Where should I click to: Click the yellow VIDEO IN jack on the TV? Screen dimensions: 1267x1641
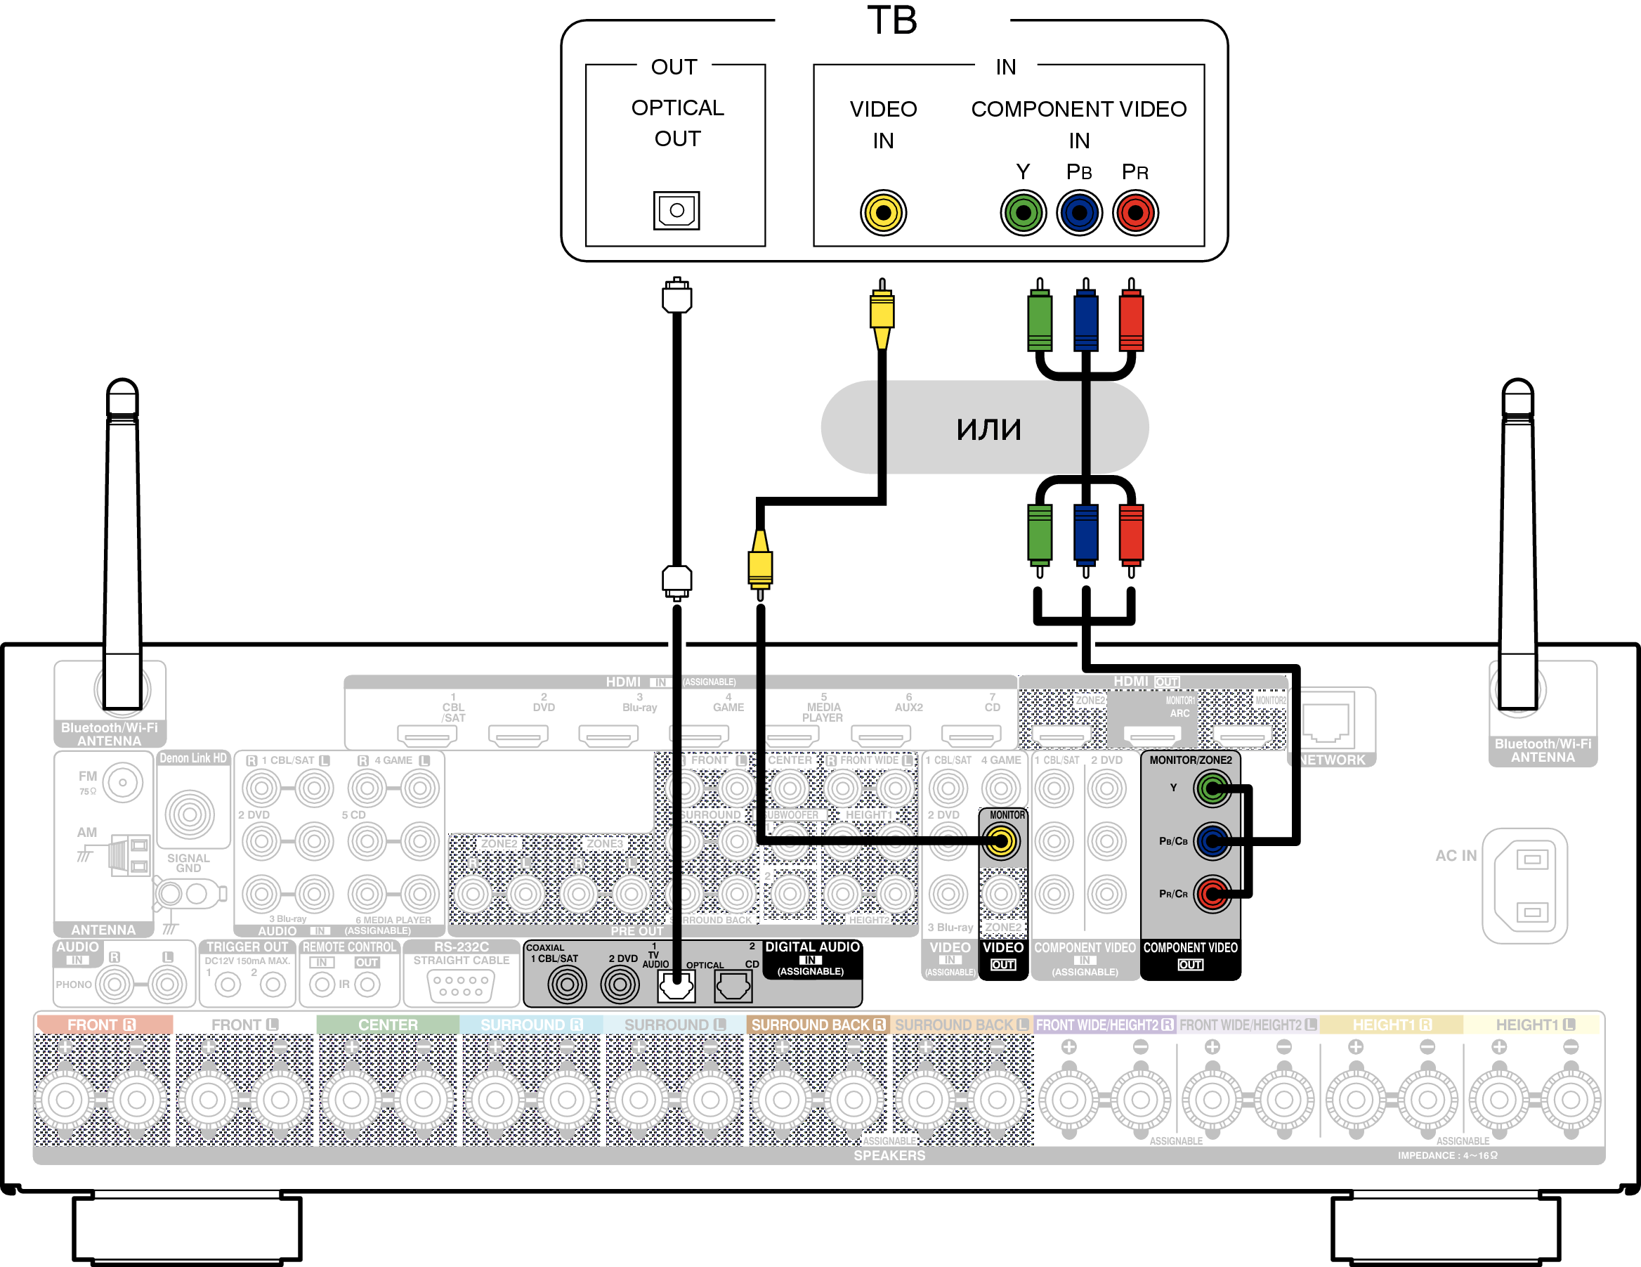pyautogui.click(x=883, y=213)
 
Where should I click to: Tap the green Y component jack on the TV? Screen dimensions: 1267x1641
pyautogui.click(x=1023, y=213)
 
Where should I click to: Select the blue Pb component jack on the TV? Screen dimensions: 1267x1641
pyautogui.click(x=1079, y=213)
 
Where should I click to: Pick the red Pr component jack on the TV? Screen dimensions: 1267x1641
pyautogui.click(x=1135, y=213)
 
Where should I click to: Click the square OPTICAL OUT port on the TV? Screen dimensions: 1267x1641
pyautogui.click(x=676, y=210)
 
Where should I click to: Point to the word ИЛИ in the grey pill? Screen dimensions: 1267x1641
pyautogui.click(x=988, y=429)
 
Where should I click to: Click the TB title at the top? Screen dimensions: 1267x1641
pyautogui.click(x=892, y=20)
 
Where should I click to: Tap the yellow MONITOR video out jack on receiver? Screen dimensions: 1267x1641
pyautogui.click(x=1001, y=841)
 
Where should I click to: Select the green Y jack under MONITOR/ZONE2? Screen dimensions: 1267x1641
pyautogui.click(x=1211, y=788)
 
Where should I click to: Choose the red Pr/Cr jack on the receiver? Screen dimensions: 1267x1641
pyautogui.click(x=1211, y=894)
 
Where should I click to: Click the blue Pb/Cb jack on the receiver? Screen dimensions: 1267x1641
pyautogui.click(x=1211, y=841)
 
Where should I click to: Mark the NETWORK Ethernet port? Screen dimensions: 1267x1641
pyautogui.click(x=1328, y=722)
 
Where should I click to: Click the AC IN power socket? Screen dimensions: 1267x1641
pyautogui.click(x=1525, y=885)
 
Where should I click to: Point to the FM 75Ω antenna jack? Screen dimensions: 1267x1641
pyautogui.click(x=122, y=782)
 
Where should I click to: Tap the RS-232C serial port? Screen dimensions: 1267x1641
pyautogui.click(x=461, y=985)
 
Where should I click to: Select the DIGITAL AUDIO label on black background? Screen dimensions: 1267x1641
pyautogui.click(x=812, y=947)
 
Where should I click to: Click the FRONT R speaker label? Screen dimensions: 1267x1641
pyautogui.click(x=102, y=1025)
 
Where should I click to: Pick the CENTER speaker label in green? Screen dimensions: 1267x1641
pyautogui.click(x=387, y=1025)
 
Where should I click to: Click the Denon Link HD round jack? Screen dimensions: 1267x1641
pyautogui.click(x=190, y=814)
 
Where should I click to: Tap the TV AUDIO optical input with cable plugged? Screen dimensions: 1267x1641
pyautogui.click(x=676, y=985)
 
